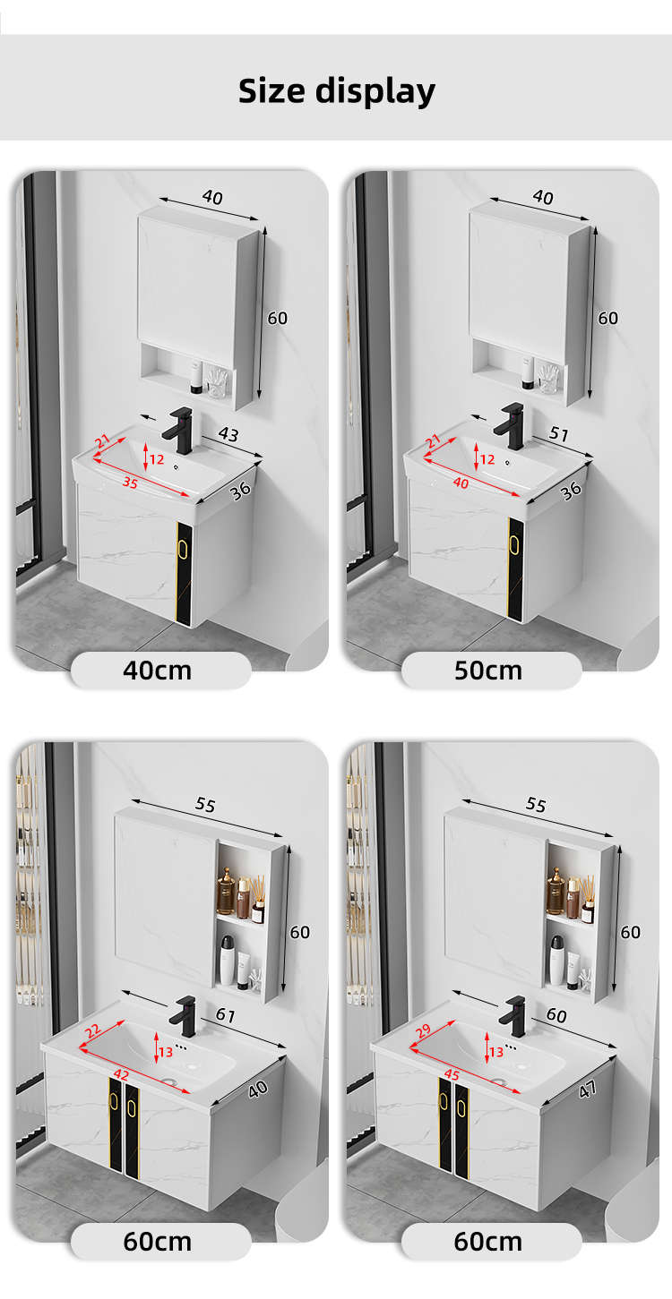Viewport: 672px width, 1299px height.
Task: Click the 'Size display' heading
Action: pos(337,91)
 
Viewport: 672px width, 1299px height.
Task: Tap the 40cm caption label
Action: pos(158,671)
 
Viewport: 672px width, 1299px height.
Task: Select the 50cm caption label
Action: pos(488,671)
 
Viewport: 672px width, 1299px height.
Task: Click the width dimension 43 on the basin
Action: pos(228,434)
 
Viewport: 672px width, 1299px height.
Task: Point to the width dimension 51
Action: pos(559,433)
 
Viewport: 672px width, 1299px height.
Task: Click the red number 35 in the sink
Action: pos(130,482)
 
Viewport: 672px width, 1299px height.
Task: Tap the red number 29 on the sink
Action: pos(423,1030)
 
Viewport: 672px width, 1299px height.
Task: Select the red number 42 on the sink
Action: pos(121,1074)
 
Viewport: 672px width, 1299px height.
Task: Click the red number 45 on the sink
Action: pos(452,1074)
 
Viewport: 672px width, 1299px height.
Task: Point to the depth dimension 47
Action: pos(587,1090)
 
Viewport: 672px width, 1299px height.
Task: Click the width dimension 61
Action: pos(225,1015)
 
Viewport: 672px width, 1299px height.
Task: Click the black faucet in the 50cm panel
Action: pos(509,426)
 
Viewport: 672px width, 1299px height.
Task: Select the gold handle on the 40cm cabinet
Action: pos(183,548)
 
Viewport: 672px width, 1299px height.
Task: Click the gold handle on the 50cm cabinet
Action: pos(513,544)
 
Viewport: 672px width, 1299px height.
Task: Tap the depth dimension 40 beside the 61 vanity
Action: pos(258,1090)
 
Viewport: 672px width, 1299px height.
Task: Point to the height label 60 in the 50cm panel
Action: pos(607,318)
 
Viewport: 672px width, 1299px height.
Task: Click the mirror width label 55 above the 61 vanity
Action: pos(205,804)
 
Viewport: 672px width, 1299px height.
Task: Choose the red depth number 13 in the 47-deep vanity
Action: pos(496,1051)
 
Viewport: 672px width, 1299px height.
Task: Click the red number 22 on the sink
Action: pos(93,1031)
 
